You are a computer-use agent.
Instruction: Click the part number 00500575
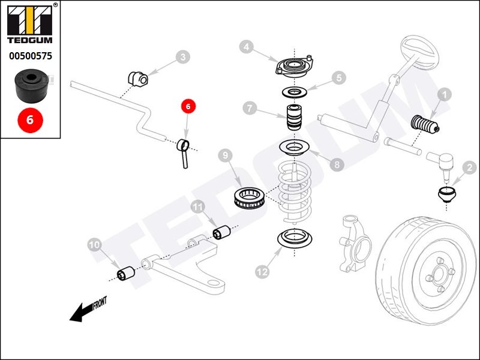31,56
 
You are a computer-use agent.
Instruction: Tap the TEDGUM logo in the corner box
30,25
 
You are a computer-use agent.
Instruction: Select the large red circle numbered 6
30,119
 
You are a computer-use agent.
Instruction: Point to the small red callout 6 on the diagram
188,106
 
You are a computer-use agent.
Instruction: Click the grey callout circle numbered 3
183,57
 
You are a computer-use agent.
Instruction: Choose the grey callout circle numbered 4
247,47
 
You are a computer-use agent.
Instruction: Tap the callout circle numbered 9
226,155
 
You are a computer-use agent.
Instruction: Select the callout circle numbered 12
262,271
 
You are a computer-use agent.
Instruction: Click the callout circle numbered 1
445,95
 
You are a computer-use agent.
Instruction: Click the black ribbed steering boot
425,125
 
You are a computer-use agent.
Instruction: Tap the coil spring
295,193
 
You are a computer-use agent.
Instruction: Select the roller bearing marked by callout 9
249,198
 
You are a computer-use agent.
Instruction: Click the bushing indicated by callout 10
126,274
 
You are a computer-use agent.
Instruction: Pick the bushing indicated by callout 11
221,232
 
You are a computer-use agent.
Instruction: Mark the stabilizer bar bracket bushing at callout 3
138,79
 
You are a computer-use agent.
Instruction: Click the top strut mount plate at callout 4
294,67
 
